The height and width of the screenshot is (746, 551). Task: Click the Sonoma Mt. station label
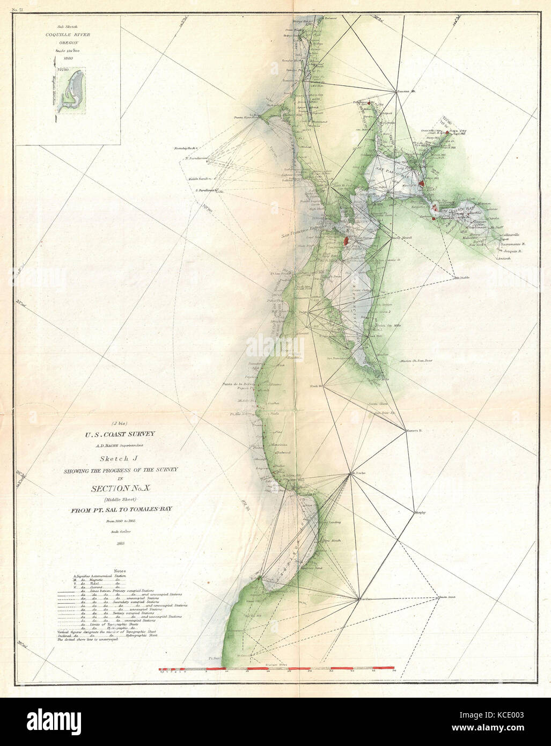pyautogui.click(x=406, y=91)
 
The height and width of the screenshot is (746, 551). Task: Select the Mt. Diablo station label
pyautogui.click(x=462, y=278)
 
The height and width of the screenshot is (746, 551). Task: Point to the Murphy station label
pyautogui.click(x=420, y=513)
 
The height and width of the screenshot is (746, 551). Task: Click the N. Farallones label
pyautogui.click(x=195, y=158)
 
